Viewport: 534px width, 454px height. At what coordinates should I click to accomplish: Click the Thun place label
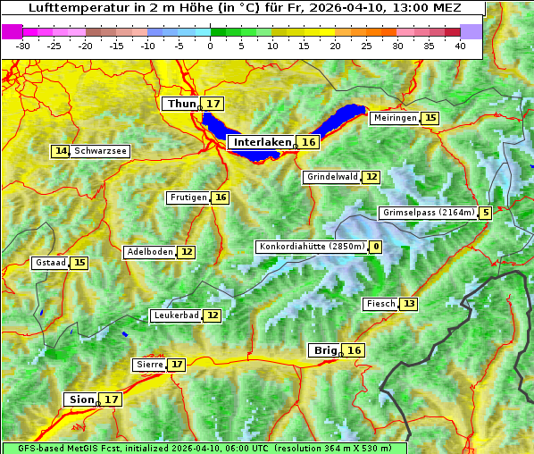(x=181, y=105)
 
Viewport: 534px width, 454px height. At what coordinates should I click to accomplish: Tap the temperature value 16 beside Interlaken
(x=308, y=142)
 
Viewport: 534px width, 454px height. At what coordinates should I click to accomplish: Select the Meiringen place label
(x=395, y=118)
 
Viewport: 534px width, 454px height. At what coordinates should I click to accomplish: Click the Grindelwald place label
(x=331, y=177)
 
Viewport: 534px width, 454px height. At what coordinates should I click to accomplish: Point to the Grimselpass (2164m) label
(x=428, y=213)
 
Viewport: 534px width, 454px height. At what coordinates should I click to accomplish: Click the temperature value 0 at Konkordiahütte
(x=376, y=247)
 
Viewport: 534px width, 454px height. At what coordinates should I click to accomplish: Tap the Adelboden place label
(x=149, y=252)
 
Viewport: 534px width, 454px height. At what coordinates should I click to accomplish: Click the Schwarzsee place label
(x=100, y=151)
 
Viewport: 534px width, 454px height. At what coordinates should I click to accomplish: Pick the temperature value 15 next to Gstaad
(x=79, y=263)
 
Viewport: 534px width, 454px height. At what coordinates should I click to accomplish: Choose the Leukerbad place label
(x=175, y=315)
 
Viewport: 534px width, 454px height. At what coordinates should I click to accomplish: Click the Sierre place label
(x=148, y=365)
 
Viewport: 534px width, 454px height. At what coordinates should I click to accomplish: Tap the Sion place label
(x=79, y=399)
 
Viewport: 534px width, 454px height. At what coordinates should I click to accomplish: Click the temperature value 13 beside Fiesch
(x=409, y=304)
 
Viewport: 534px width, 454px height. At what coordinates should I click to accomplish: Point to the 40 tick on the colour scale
(x=460, y=45)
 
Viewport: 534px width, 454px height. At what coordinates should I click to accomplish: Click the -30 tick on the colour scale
(x=23, y=45)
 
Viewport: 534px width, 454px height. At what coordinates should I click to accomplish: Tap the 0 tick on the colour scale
(x=210, y=45)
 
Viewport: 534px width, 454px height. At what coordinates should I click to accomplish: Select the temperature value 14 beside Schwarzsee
(x=61, y=151)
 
